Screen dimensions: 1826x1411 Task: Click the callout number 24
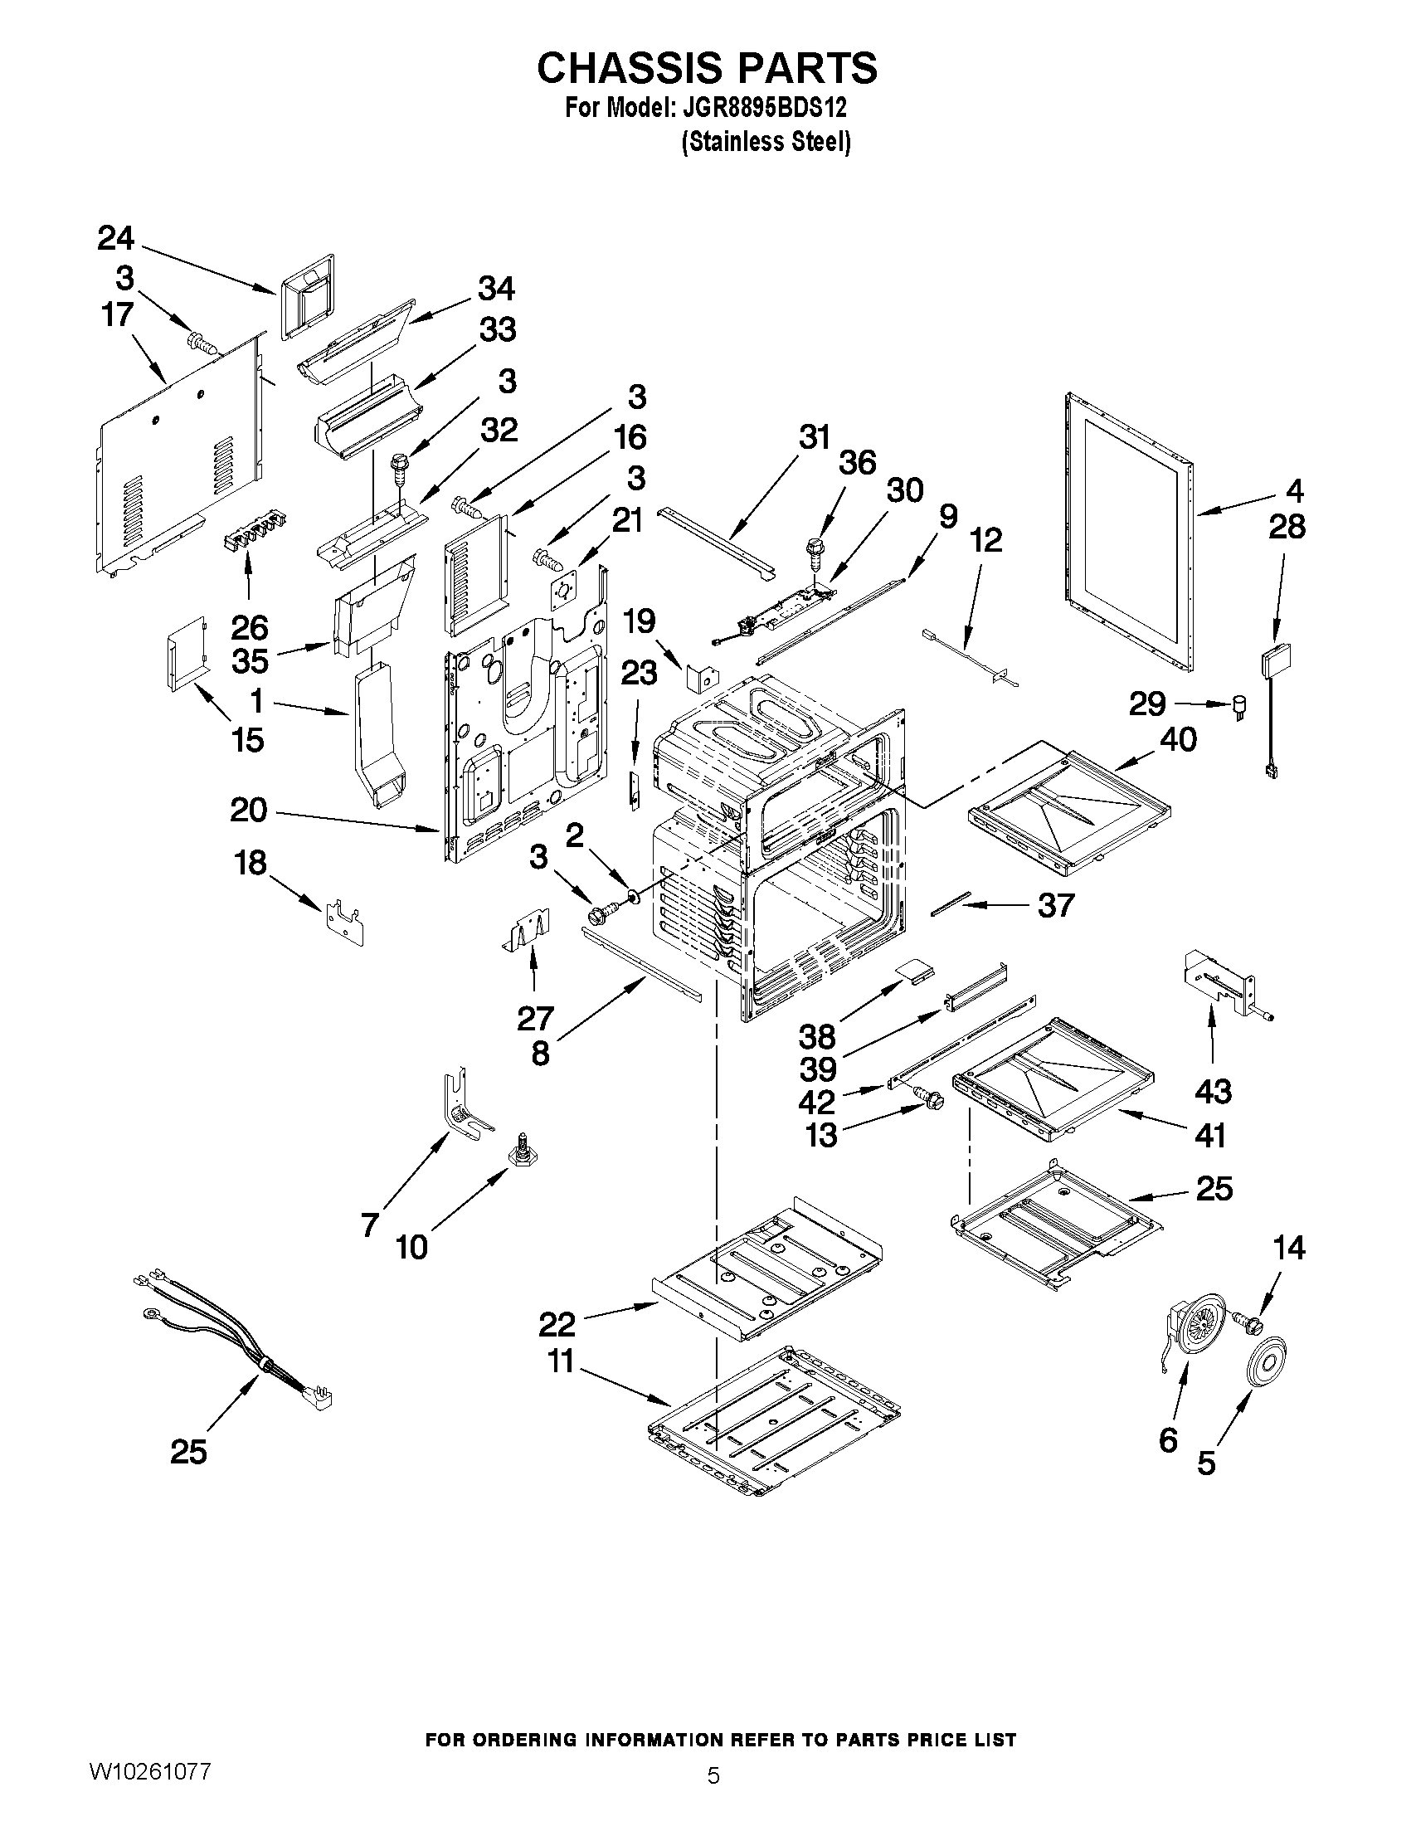click(115, 238)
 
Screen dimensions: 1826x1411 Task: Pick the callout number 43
click(1212, 1091)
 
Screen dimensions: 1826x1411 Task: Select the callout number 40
click(1178, 739)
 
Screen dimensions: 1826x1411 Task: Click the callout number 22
click(557, 1324)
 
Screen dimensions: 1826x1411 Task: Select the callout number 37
click(1055, 904)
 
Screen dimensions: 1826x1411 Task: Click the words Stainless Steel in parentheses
click(766, 142)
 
